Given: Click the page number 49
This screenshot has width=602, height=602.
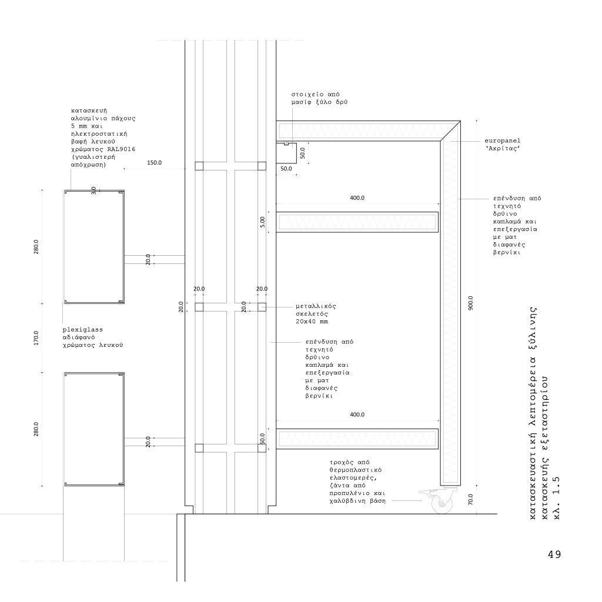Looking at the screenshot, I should pos(554,554).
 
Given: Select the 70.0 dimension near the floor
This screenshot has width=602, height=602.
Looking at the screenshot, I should pos(470,500).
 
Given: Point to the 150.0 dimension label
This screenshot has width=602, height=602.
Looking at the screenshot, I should pos(155,163).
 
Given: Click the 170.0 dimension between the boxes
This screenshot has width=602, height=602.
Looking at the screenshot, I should pos(36,338).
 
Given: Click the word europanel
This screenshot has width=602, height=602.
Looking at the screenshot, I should pos(503,142).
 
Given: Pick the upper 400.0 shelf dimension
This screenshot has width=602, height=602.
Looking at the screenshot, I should pos(357,198).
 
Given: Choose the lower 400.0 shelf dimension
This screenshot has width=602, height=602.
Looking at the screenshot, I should pos(357,414).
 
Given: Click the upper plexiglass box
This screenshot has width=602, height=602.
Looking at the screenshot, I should pos(94,247).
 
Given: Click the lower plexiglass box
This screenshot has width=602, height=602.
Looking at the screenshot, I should pos(94,429).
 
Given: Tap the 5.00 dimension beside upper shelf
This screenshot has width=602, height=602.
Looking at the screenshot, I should pos(263,222).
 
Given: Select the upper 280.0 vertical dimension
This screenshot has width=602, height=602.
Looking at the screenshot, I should pos(36,247).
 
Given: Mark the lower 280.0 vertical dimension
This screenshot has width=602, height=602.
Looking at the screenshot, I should pos(36,429).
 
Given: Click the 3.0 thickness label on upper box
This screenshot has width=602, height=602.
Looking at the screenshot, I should pos(94,191).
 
